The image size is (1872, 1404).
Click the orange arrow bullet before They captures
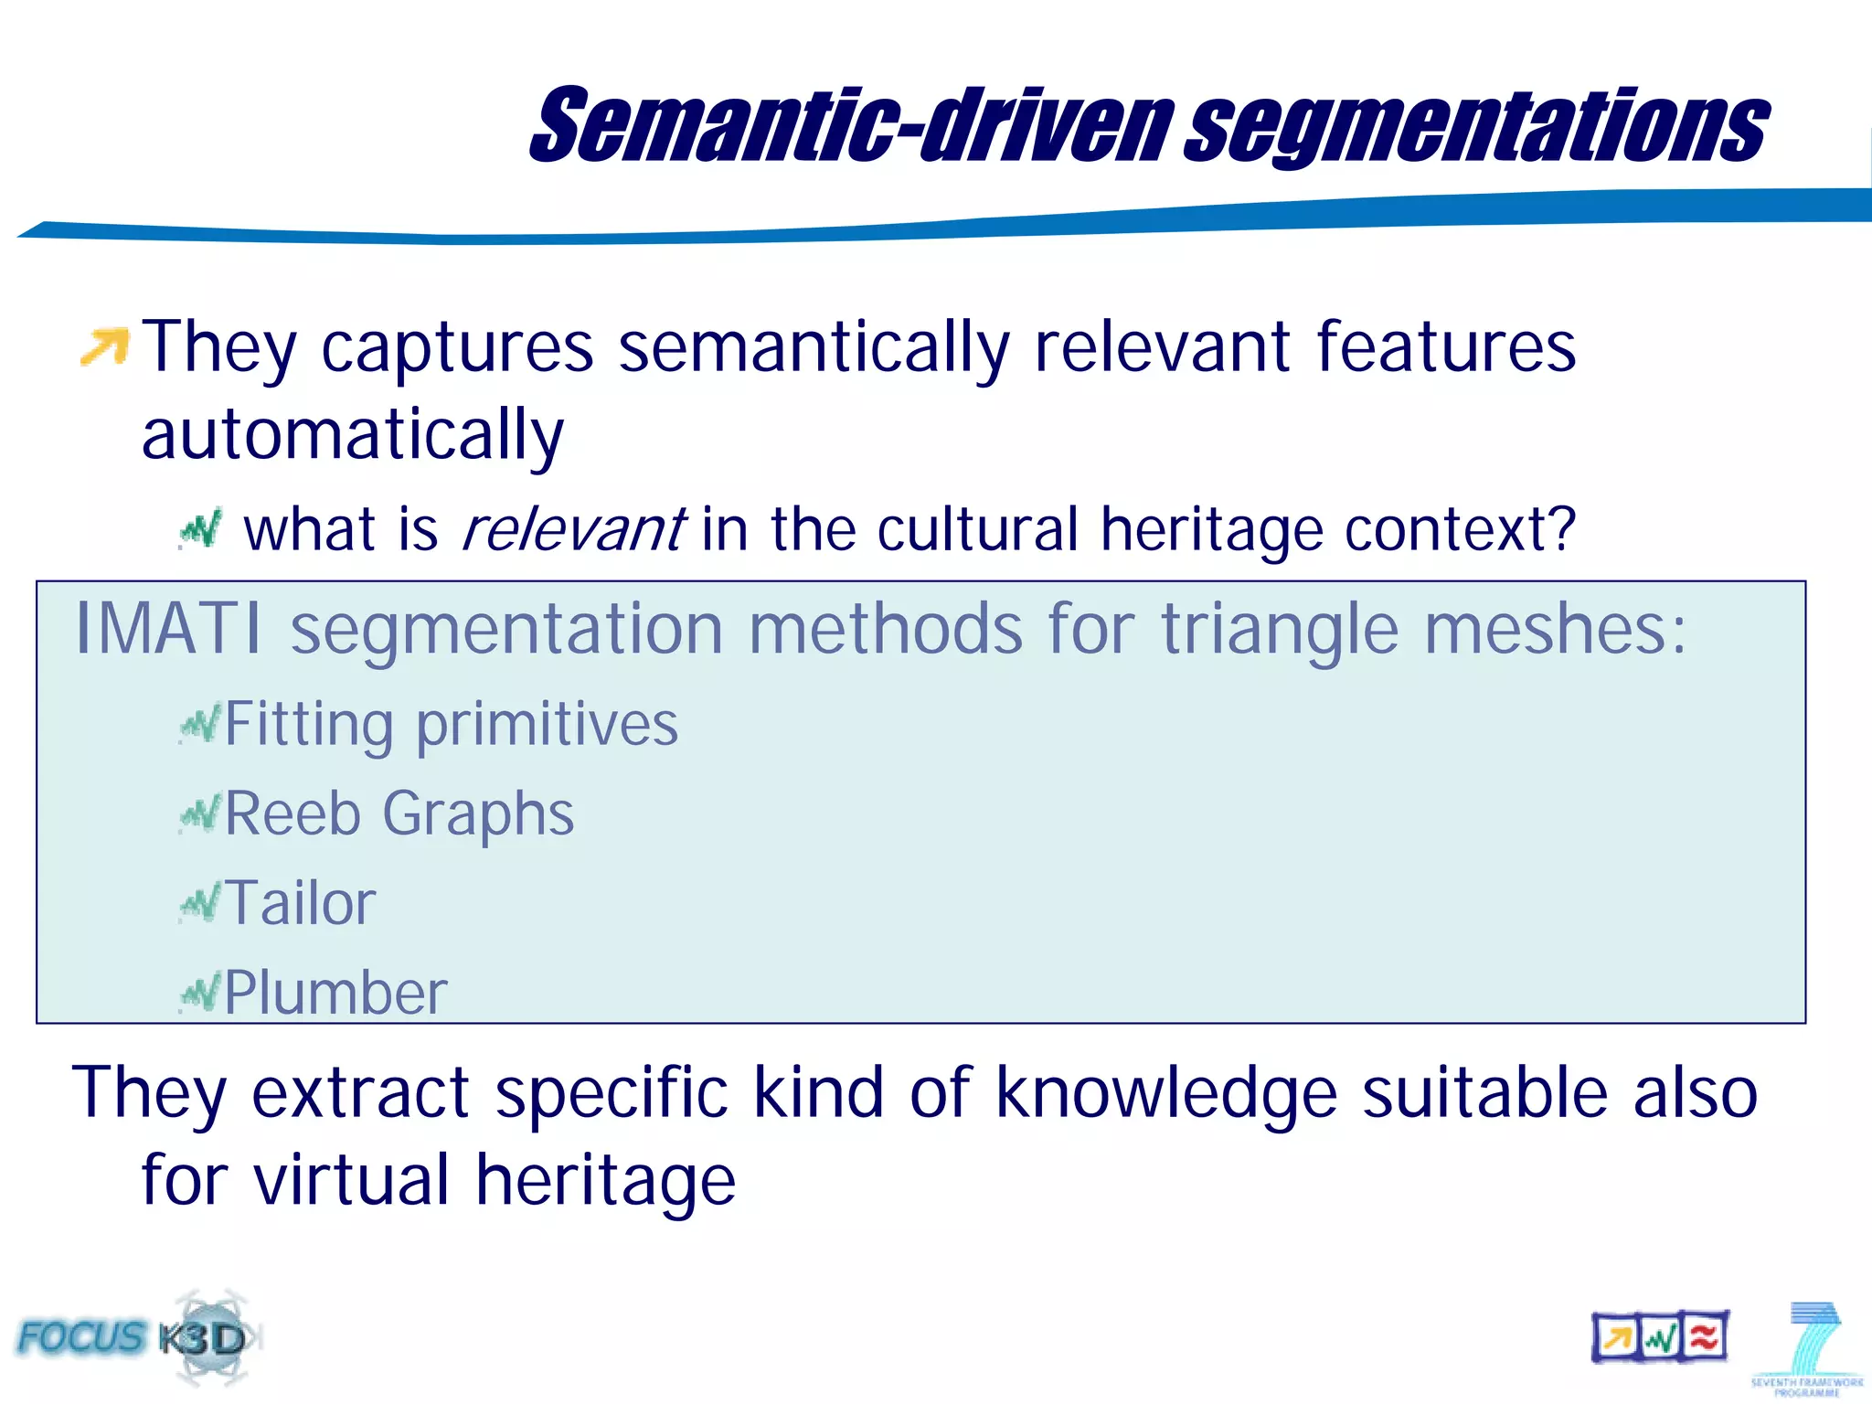(x=104, y=346)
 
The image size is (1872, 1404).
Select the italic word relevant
(x=573, y=530)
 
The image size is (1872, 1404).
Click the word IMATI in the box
(x=168, y=629)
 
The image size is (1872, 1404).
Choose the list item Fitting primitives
(x=451, y=725)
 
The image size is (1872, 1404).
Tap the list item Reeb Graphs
(x=399, y=814)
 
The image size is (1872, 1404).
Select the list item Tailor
(x=300, y=903)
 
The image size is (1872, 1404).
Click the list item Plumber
(x=335, y=993)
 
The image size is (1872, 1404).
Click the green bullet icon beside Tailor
(x=200, y=903)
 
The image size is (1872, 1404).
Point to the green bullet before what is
(x=200, y=530)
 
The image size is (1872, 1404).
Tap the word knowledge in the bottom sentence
(x=1166, y=1092)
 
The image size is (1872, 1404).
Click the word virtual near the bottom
(x=352, y=1180)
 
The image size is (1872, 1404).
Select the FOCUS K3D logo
(x=137, y=1338)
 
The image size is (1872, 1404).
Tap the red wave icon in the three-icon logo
(x=1703, y=1338)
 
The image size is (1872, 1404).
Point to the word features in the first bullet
(x=1446, y=347)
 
